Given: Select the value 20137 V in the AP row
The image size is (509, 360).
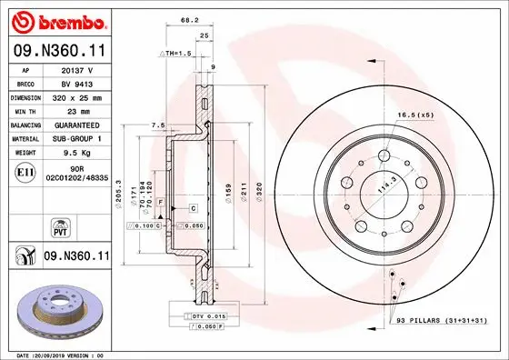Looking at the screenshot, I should click(x=76, y=69).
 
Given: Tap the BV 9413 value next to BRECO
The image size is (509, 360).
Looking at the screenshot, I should click(x=76, y=83).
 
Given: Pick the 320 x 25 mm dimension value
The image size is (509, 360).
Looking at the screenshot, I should click(x=76, y=96).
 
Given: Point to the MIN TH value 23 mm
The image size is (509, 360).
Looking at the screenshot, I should click(x=76, y=110).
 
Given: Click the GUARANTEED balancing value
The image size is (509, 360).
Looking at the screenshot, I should click(x=76, y=125).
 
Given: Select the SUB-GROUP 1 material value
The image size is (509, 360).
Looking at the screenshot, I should click(x=76, y=138).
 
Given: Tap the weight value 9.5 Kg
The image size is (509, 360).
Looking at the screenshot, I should click(x=76, y=153).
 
